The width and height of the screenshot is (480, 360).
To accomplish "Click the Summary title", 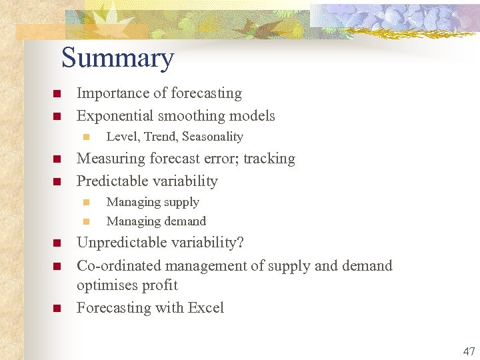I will (x=117, y=59).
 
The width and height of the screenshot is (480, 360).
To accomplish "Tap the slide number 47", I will (x=469, y=351).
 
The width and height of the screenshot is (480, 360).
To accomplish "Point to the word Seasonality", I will (x=213, y=137).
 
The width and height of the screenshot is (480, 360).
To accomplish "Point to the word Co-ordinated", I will (x=119, y=266).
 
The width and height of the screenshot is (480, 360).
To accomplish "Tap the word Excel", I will (x=206, y=308).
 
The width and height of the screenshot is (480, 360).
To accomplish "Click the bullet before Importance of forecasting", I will (x=57, y=94).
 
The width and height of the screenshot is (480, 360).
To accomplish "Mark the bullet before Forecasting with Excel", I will (x=57, y=309).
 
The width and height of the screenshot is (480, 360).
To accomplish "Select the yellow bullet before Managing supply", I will (x=85, y=202).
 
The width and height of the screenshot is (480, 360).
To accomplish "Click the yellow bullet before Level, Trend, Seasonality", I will (x=85, y=137).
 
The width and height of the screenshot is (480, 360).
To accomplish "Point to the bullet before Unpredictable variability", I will (x=57, y=243).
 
